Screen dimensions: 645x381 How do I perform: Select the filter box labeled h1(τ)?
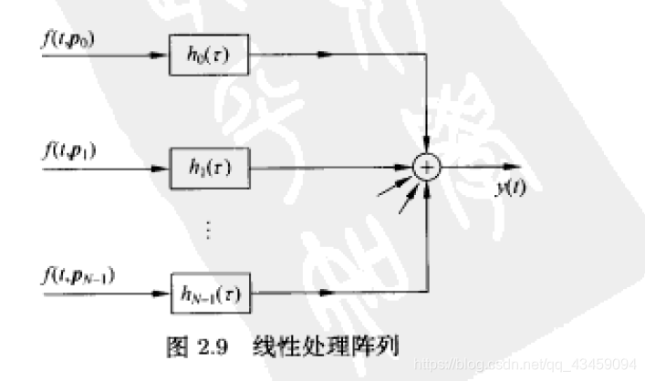211,168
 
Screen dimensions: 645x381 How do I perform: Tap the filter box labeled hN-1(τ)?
211,293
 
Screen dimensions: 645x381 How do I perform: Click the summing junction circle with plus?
426,168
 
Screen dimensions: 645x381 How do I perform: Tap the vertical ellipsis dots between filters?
209,229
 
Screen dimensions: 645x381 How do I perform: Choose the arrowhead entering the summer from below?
426,187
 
